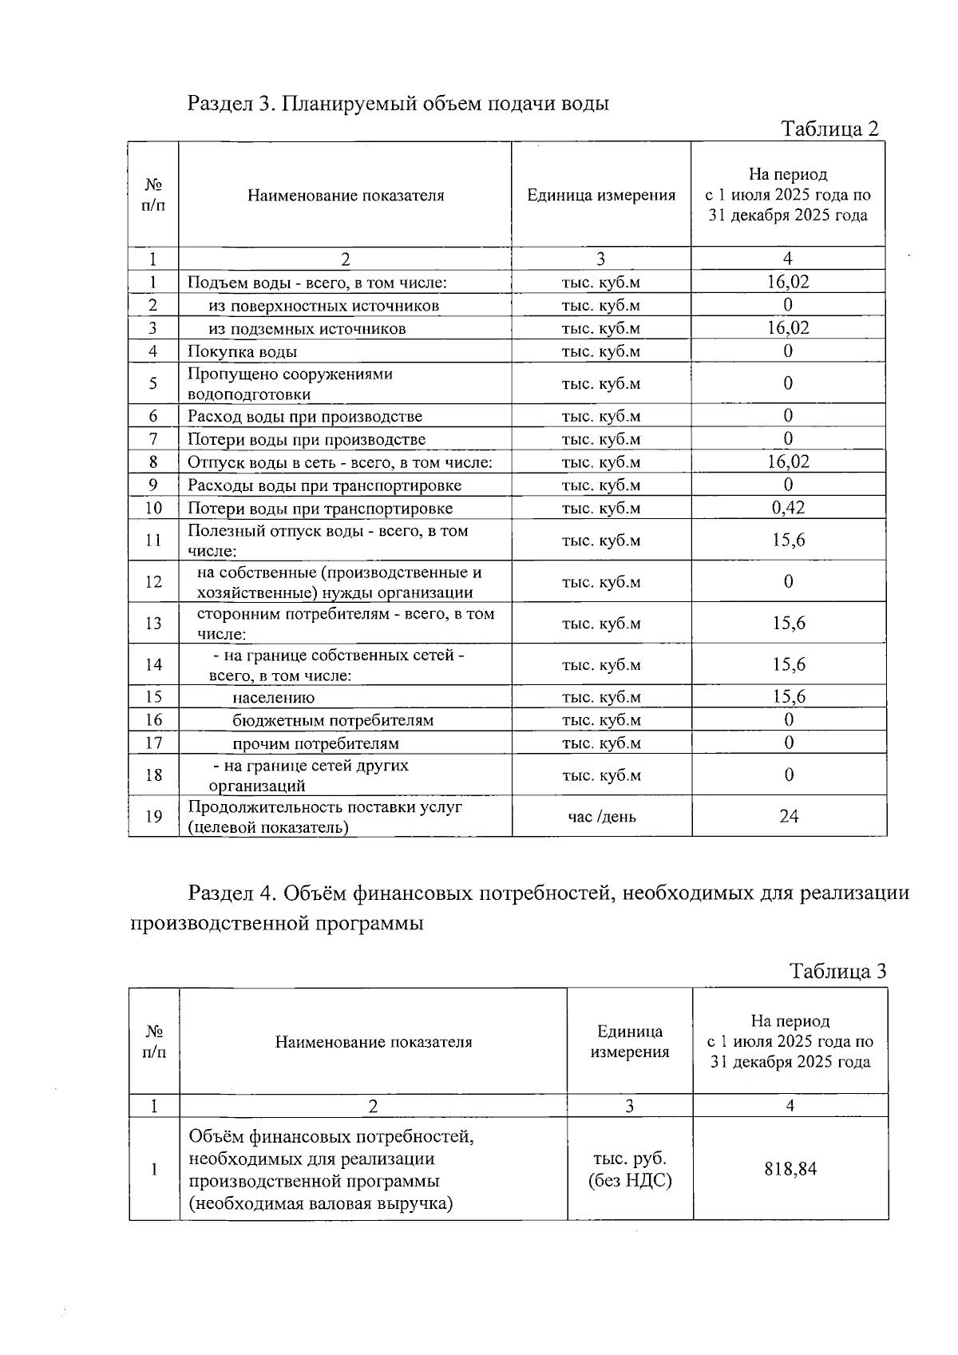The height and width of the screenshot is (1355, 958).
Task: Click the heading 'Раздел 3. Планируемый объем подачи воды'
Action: tap(398, 104)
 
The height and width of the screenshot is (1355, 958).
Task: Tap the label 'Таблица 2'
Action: tap(829, 129)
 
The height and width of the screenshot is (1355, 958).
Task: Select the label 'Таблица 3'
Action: tap(837, 971)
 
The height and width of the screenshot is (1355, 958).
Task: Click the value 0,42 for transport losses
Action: tap(788, 508)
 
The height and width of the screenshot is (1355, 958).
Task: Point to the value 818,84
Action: tap(790, 1169)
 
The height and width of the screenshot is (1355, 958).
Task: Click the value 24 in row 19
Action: tap(789, 816)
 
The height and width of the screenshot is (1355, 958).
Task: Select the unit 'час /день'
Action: tap(601, 816)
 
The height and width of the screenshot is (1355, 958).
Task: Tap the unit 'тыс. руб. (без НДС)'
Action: tap(629, 1169)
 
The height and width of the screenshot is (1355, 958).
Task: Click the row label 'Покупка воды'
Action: tap(243, 351)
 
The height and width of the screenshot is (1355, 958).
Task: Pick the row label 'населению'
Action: tap(273, 697)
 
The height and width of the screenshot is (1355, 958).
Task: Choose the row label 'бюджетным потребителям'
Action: tap(333, 720)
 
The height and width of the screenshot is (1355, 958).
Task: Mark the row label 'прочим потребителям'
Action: tap(315, 743)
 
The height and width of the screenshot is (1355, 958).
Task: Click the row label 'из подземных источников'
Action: tap(307, 329)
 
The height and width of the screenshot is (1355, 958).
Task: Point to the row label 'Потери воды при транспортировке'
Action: tap(320, 509)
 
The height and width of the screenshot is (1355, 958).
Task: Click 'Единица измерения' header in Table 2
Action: tap(601, 195)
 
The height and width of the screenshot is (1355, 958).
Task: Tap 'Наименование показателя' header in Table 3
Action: tap(374, 1042)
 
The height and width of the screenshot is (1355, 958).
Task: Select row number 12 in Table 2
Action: tap(153, 581)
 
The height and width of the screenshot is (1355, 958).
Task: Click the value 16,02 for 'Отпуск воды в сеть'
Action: tap(788, 462)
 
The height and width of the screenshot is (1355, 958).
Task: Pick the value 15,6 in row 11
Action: tap(789, 540)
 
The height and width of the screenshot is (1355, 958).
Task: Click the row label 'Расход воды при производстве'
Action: tap(305, 416)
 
